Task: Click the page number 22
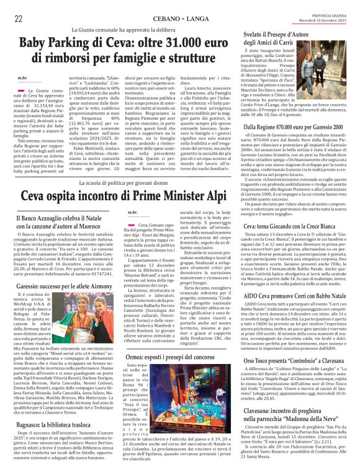(19, 19)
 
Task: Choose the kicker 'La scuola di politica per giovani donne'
(124, 184)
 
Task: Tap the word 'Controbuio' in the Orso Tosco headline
(305, 360)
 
